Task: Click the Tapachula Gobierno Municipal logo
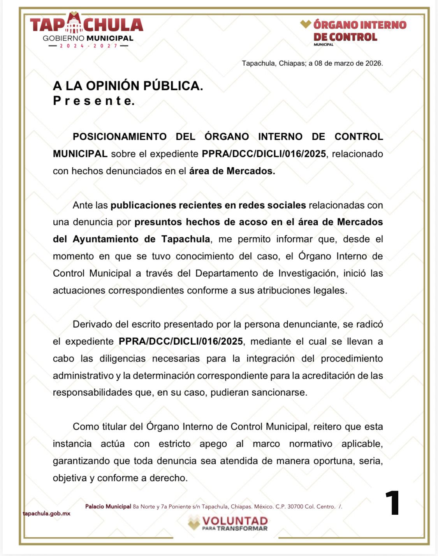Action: coord(86,30)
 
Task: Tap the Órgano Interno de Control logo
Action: coord(354,32)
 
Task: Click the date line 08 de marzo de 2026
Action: coord(312,63)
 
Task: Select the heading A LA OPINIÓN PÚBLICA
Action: coord(128,86)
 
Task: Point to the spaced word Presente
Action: coord(93,101)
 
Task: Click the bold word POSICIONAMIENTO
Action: coord(120,137)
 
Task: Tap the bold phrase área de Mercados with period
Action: coord(232,171)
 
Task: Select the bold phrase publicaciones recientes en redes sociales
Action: coord(208,205)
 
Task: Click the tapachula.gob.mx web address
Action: coord(47,514)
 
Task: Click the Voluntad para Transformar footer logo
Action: coord(228,523)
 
